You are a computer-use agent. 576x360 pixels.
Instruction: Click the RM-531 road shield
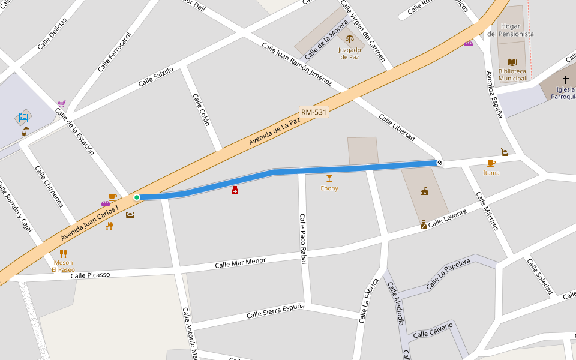pyautogui.click(x=314, y=112)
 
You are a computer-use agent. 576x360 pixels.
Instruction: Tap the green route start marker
pyautogui.click(x=137, y=197)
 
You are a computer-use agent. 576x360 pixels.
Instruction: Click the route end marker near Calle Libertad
pyautogui.click(x=440, y=163)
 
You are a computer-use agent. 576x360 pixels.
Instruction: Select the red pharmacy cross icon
pyautogui.click(x=235, y=190)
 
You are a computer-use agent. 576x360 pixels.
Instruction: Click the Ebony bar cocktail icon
pyautogui.click(x=329, y=178)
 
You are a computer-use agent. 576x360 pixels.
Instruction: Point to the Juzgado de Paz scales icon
pyautogui.click(x=350, y=38)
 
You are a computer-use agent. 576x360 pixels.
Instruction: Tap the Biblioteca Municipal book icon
pyautogui.click(x=512, y=62)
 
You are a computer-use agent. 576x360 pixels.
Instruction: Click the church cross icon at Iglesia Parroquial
pyautogui.click(x=565, y=79)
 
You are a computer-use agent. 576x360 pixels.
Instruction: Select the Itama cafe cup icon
pyautogui.click(x=491, y=163)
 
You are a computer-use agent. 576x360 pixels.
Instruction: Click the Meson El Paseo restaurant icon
pyautogui.click(x=63, y=253)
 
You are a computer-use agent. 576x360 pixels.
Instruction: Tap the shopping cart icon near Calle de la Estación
pyautogui.click(x=61, y=103)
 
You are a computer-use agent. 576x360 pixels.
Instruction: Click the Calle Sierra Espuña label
pyautogui.click(x=275, y=311)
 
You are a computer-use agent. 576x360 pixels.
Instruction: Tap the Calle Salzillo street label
pyautogui.click(x=155, y=77)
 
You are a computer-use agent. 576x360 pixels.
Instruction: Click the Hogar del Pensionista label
pyautogui.click(x=510, y=30)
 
